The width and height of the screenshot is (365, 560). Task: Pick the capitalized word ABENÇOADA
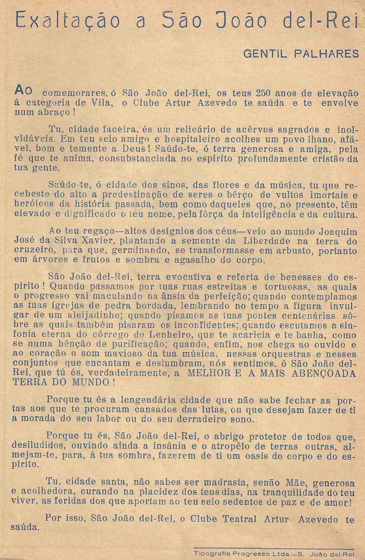pyautogui.click(x=321, y=373)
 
